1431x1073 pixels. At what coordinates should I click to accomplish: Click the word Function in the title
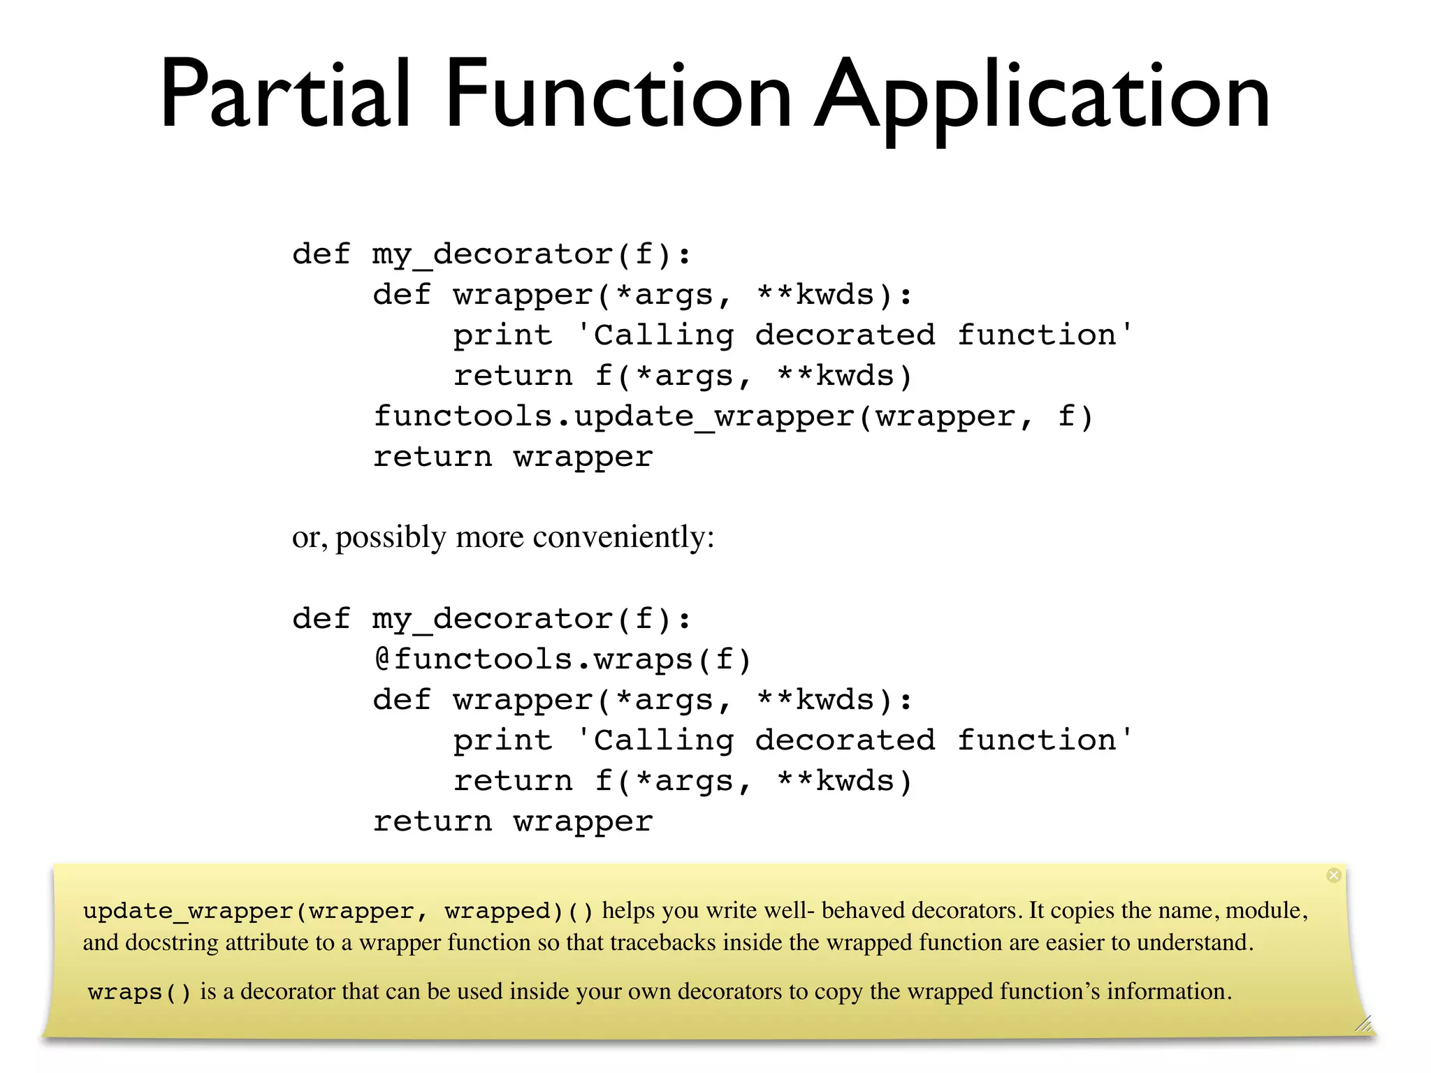click(x=618, y=94)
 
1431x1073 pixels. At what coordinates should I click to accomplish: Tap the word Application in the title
click(x=1042, y=98)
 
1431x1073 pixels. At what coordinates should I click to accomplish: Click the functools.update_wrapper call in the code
click(x=733, y=417)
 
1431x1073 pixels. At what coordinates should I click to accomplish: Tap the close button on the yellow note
click(x=1334, y=875)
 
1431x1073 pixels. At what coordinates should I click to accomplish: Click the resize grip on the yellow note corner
click(x=1363, y=1024)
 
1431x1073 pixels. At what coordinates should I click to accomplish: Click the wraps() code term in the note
click(x=140, y=993)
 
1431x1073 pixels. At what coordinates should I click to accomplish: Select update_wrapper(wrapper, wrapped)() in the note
click(x=338, y=912)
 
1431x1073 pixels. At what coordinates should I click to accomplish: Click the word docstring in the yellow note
click(x=174, y=943)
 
